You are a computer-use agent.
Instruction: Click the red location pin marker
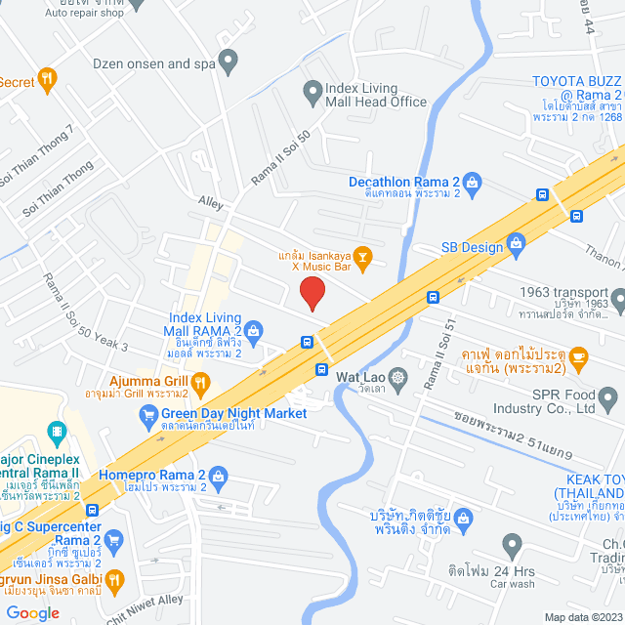[x=312, y=293]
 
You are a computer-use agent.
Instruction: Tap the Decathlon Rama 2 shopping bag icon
[x=473, y=182]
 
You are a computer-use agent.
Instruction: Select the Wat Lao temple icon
[x=397, y=376]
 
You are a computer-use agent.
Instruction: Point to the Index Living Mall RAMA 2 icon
[x=253, y=330]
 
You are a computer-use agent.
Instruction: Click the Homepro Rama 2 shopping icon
[x=218, y=476]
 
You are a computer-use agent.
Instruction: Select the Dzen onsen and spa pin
[x=229, y=63]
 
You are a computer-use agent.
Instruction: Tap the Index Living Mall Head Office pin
[x=312, y=94]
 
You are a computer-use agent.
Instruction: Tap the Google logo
[x=32, y=612]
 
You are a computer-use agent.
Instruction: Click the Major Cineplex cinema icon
[x=57, y=430]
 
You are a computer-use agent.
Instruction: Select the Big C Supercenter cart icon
[x=114, y=539]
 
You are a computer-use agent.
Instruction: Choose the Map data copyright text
[x=582, y=616]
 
